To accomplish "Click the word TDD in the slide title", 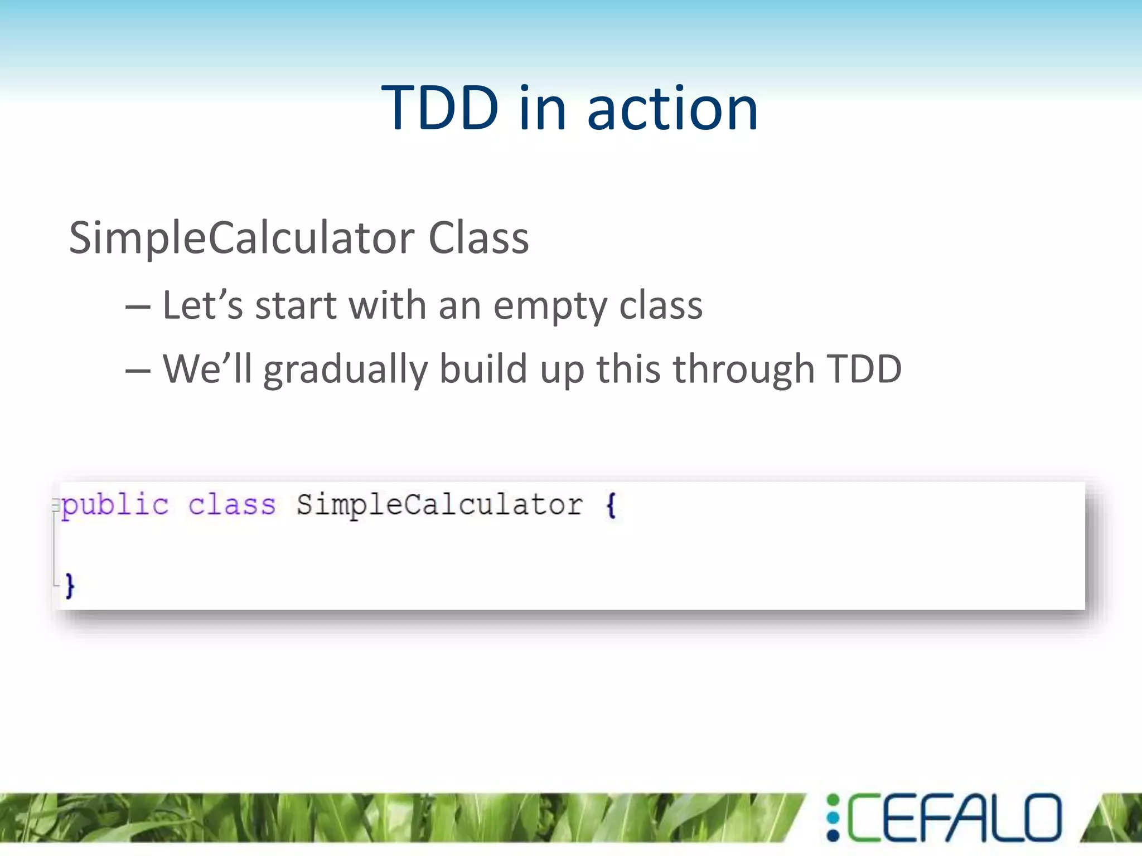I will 440,108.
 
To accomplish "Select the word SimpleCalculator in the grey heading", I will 241,239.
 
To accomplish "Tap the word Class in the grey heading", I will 478,239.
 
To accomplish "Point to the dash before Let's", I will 138,308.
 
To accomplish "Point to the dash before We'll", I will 138,371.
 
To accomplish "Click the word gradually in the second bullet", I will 345,370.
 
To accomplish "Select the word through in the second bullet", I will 744,369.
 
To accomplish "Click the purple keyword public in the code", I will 115,505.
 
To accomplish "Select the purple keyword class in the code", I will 232,505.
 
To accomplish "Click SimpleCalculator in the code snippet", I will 439,505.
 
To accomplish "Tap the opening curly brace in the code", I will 611,505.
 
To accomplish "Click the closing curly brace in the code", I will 70,585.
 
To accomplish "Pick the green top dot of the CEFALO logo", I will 833,801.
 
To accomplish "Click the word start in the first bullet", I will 296,307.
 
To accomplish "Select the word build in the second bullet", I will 483,369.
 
